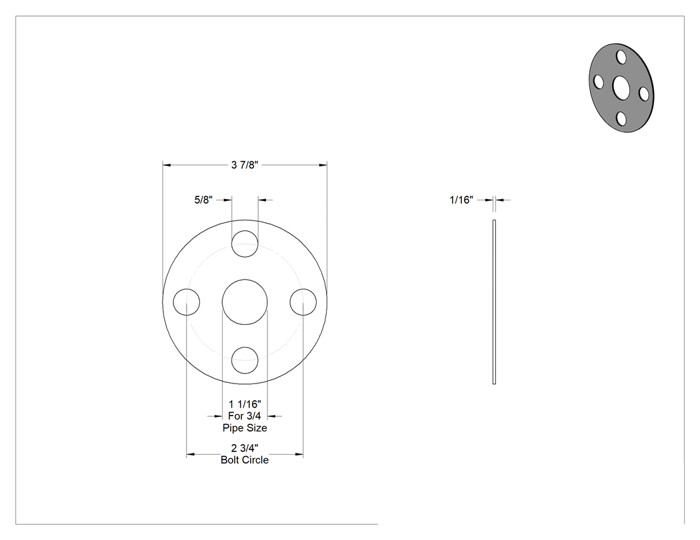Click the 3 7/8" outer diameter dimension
point(245,165)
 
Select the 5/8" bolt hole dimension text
point(203,200)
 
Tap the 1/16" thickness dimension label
point(461,200)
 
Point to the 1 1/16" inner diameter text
point(245,404)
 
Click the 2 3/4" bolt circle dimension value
point(245,447)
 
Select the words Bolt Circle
point(245,459)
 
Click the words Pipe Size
point(245,427)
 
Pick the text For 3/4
point(245,416)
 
